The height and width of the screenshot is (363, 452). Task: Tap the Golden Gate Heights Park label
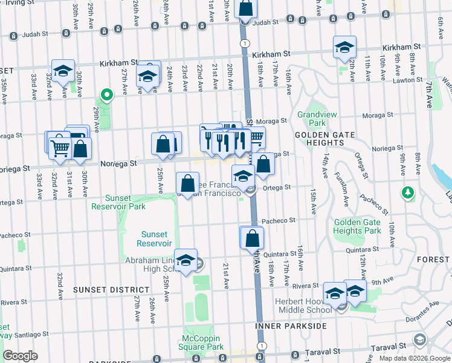click(357, 226)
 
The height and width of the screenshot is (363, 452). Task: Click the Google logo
click(20, 356)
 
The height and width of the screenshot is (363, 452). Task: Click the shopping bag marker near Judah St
click(245, 8)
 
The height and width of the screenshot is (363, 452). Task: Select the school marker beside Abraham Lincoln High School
click(186, 260)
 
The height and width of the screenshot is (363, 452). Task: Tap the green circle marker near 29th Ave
click(107, 94)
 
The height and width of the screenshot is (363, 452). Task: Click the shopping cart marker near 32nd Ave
click(59, 147)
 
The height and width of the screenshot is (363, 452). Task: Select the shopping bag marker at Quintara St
click(252, 238)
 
